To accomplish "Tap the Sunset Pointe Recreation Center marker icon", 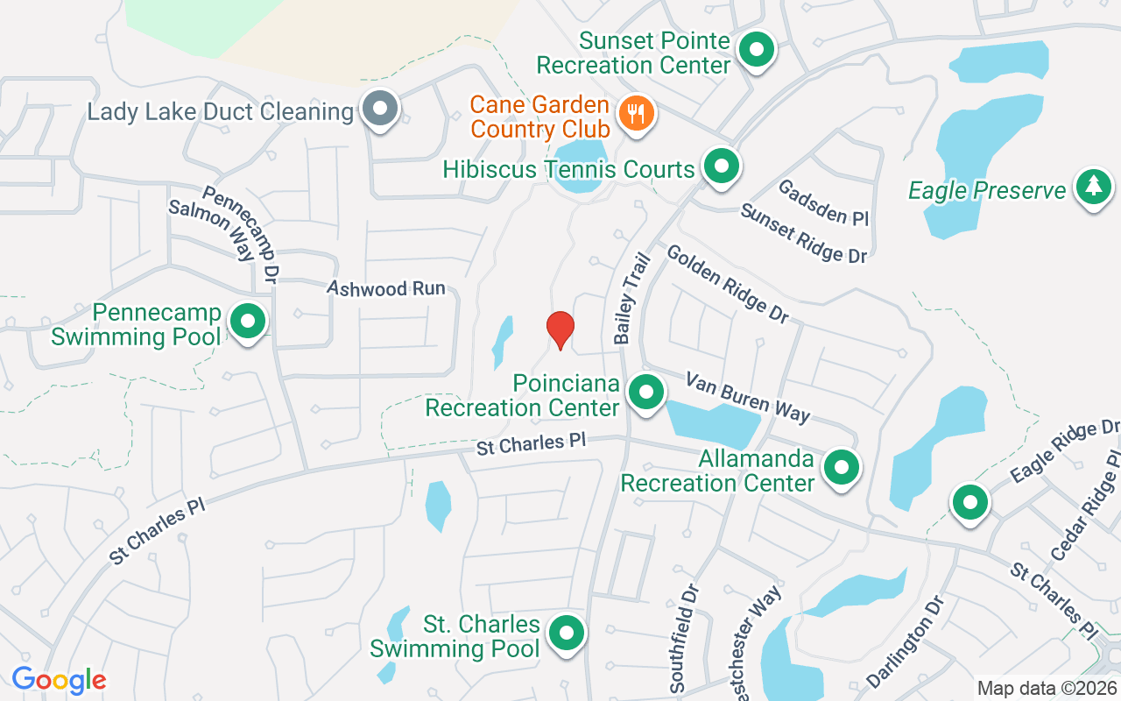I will (x=756, y=50).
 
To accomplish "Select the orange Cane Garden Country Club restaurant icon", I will (x=637, y=114).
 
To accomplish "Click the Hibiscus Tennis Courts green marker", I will (x=721, y=166).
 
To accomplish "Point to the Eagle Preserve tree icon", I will (x=1093, y=187).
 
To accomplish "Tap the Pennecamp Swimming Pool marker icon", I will (x=248, y=321).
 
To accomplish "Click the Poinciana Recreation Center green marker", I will (x=646, y=392).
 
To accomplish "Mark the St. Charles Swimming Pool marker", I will (x=566, y=632).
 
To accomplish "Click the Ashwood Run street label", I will (x=386, y=288).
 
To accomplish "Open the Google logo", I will (x=59, y=680).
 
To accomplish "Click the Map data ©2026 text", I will (x=1047, y=688).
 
